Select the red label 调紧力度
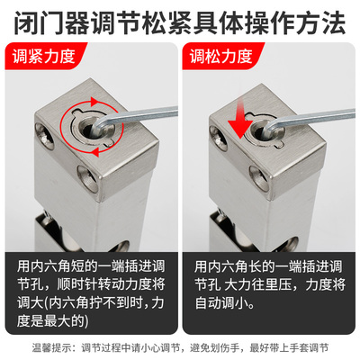pyautogui.click(x=44, y=59)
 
